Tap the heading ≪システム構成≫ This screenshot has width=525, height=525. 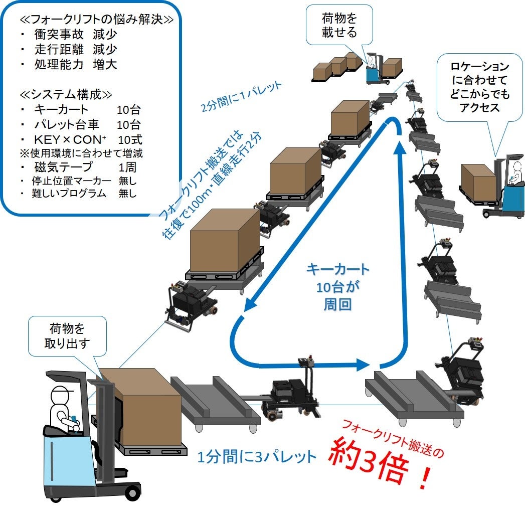coord(66,95)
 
